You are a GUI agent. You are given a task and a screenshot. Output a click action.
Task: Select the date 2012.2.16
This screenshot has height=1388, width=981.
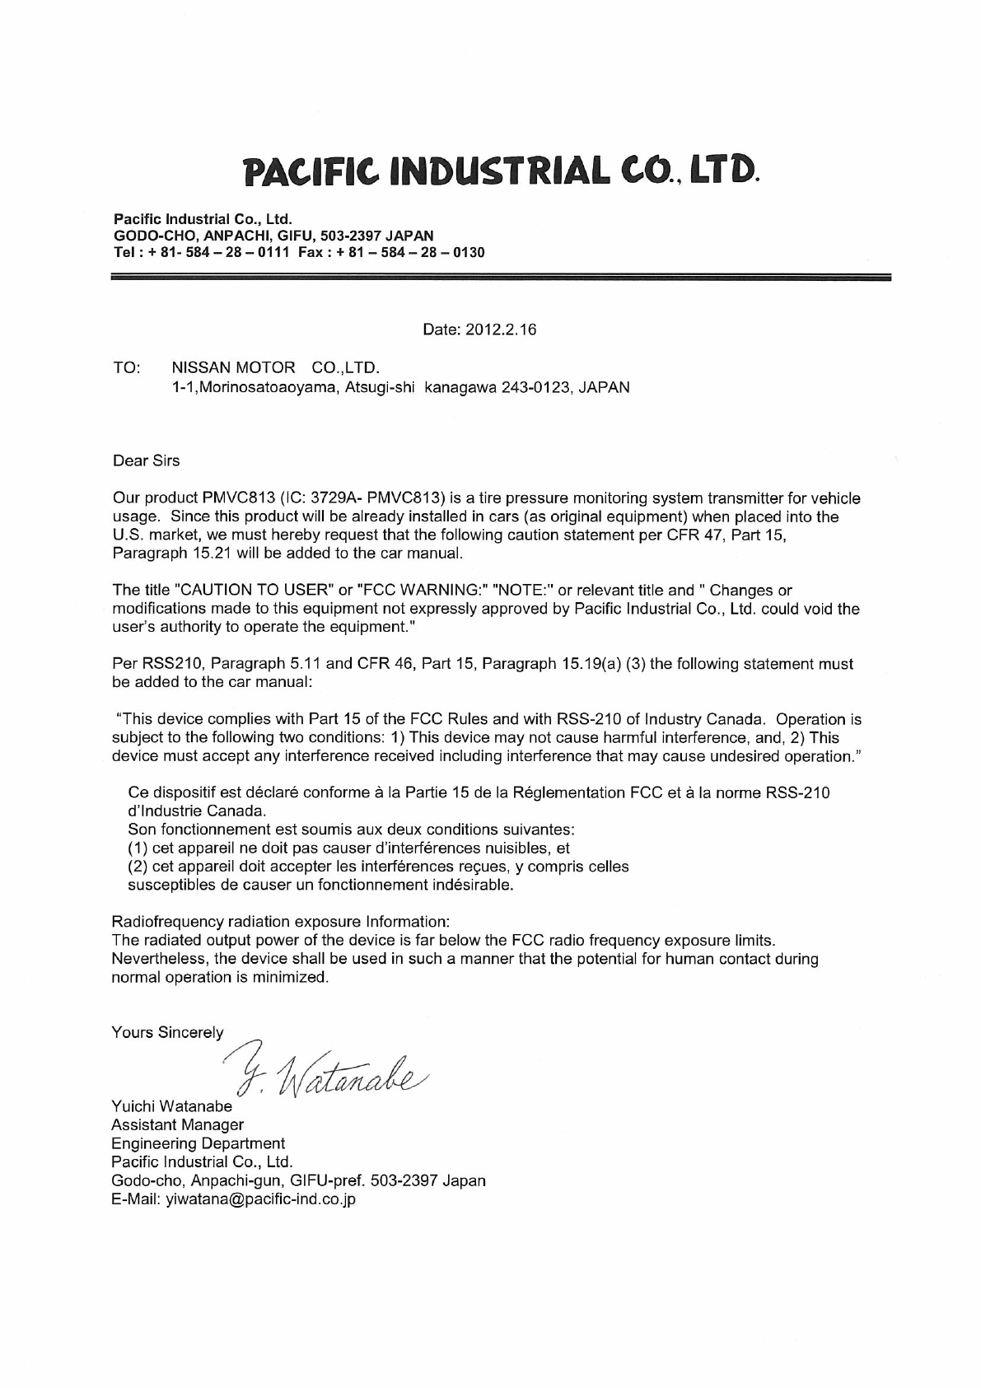coord(502,329)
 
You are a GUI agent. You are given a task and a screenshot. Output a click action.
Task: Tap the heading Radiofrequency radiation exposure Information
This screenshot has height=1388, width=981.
coord(281,920)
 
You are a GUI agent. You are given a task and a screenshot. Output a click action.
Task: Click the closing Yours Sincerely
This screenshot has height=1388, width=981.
coord(167,1032)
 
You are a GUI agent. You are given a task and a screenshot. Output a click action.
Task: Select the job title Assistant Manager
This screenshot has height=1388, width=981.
coord(177,1124)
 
